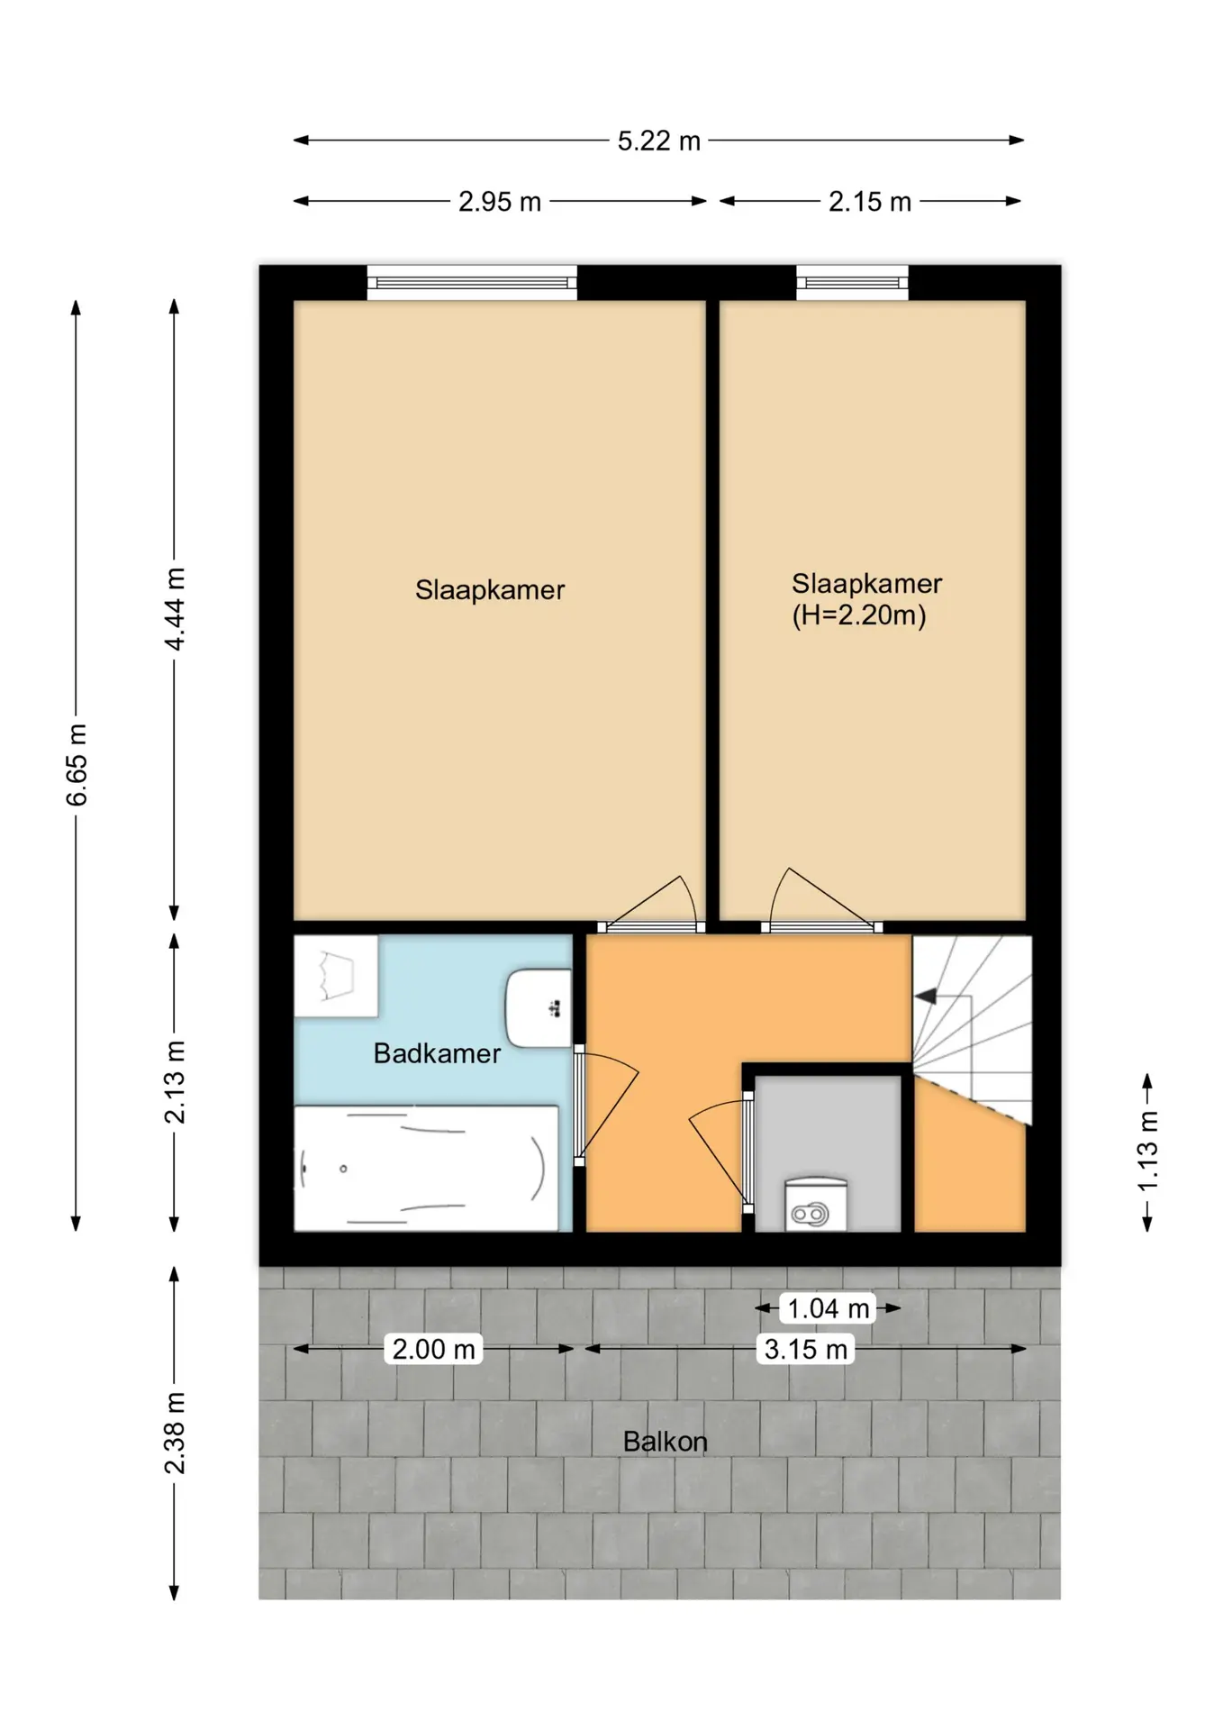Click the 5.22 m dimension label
658,141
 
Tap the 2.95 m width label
500,202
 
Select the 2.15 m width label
870,202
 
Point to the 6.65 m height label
77,765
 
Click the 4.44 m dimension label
175,609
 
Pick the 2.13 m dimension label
175,1082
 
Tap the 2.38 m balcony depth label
175,1434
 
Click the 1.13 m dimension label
1147,1151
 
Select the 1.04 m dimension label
829,1308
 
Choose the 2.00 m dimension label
434,1349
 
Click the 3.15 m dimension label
806,1349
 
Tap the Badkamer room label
437,1053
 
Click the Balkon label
666,1442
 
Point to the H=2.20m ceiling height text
859,615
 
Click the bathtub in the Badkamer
426,1168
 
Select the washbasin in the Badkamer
539,1008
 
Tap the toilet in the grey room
815,1204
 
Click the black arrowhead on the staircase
925,997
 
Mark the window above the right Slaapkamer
852,283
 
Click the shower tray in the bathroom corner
336,977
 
